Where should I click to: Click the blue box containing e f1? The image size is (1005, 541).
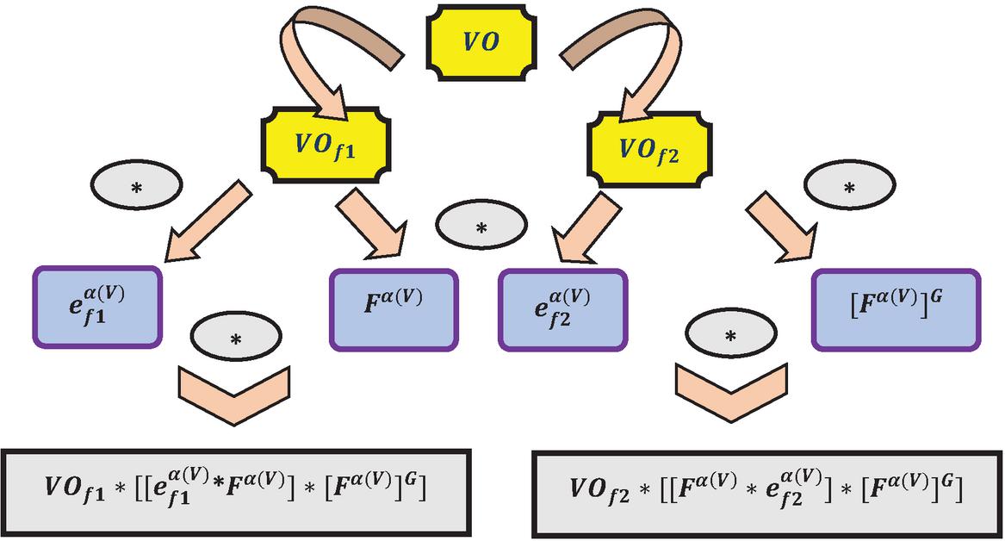point(96,308)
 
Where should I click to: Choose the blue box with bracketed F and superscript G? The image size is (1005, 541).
point(895,309)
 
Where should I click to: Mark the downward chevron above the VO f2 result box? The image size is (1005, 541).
point(731,393)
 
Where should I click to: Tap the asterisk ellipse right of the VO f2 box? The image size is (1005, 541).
point(847,187)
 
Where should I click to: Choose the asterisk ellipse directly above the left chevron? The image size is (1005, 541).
point(233,338)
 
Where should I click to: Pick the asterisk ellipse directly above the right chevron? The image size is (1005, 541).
point(730,335)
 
